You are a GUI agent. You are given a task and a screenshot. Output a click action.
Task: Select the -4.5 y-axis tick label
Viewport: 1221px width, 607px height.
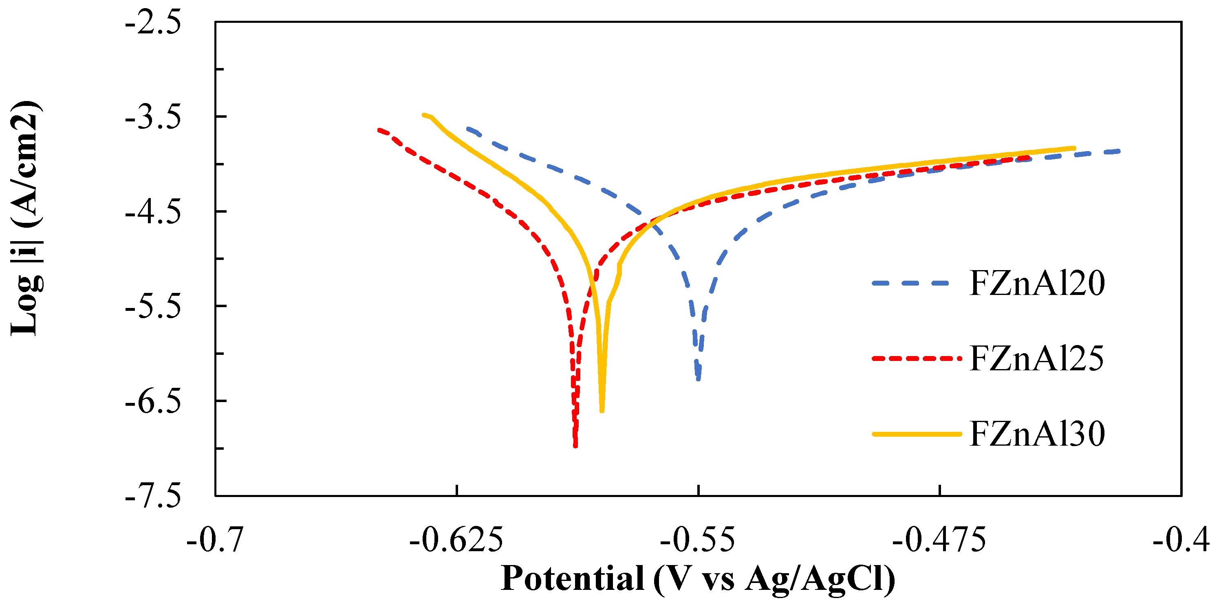pyautogui.click(x=152, y=213)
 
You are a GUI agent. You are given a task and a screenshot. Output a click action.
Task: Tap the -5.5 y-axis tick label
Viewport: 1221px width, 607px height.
pyautogui.click(x=152, y=308)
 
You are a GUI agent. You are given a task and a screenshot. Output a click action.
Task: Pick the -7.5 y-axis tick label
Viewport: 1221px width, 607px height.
pyautogui.click(x=152, y=496)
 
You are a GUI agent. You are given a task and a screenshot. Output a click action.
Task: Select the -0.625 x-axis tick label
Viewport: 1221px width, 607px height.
pyautogui.click(x=456, y=540)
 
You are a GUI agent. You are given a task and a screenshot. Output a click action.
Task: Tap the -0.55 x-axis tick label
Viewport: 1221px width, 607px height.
pyautogui.click(x=697, y=540)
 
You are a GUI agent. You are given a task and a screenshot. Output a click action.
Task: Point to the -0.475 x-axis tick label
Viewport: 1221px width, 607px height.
pyautogui.click(x=939, y=540)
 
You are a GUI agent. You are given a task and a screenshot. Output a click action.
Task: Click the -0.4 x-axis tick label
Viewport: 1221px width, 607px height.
pyautogui.click(x=1180, y=540)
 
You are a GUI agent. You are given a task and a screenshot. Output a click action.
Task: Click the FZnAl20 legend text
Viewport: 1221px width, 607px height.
pyautogui.click(x=1037, y=284)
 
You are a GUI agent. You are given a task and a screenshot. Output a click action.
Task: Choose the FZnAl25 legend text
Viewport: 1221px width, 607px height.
pyautogui.click(x=1037, y=359)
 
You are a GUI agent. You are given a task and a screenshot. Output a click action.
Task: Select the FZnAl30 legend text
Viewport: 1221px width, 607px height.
pyautogui.click(x=1037, y=434)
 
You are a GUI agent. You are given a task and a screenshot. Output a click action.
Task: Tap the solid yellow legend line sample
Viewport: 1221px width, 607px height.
pyautogui.click(x=916, y=434)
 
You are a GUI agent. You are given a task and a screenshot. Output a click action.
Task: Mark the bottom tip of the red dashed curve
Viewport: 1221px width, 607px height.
pyautogui.click(x=575, y=445)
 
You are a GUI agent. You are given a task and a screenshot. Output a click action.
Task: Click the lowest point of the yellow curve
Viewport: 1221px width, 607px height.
pyautogui.click(x=602, y=410)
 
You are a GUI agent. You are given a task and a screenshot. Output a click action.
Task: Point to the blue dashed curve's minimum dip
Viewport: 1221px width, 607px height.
pyautogui.click(x=698, y=378)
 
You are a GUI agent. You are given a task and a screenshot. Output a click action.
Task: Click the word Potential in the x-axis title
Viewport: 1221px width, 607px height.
pyautogui.click(x=572, y=578)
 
